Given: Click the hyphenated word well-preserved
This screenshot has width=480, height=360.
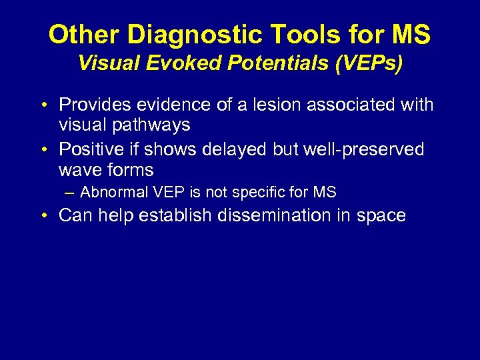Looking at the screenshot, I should click(363, 149).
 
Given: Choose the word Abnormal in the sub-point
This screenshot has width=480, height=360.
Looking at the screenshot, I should click(114, 193).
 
